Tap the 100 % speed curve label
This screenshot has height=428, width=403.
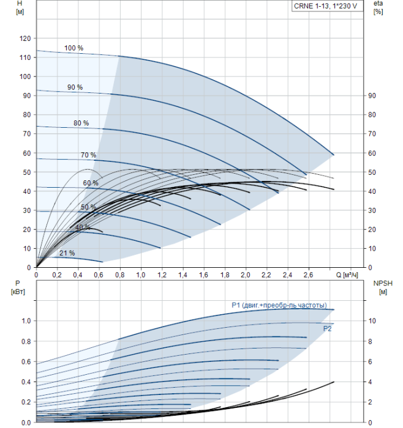[x=73, y=48]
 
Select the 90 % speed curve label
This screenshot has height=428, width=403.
[x=75, y=87]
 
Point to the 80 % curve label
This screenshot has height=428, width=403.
[x=81, y=123]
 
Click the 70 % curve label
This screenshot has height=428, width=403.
[x=88, y=155]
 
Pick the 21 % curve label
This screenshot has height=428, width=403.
[x=67, y=253]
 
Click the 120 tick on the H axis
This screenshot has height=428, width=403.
[x=24, y=38]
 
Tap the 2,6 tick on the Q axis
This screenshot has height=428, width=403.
[x=308, y=275]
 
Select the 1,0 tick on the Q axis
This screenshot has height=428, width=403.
[x=141, y=275]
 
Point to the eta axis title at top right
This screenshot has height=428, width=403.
[x=378, y=8]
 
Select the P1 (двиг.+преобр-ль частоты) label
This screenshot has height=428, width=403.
[x=279, y=305]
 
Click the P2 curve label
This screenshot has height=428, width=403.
[x=328, y=328]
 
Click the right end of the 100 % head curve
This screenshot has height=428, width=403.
[x=333, y=155]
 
